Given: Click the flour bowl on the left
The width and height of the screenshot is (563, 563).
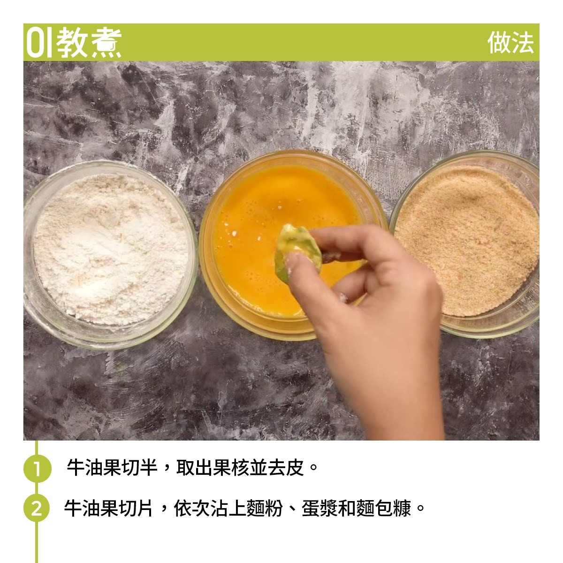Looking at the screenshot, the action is [110, 254].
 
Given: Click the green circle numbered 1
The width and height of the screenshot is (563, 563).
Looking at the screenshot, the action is [37, 468].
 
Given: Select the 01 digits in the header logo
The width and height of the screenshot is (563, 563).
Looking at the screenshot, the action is [39, 43].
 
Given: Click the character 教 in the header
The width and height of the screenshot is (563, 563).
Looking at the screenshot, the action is [72, 43].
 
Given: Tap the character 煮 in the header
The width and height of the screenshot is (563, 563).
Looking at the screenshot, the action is [106, 43].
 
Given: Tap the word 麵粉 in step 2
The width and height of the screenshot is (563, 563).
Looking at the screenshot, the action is [265, 508].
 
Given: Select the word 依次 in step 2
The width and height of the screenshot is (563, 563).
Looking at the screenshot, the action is [192, 508].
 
